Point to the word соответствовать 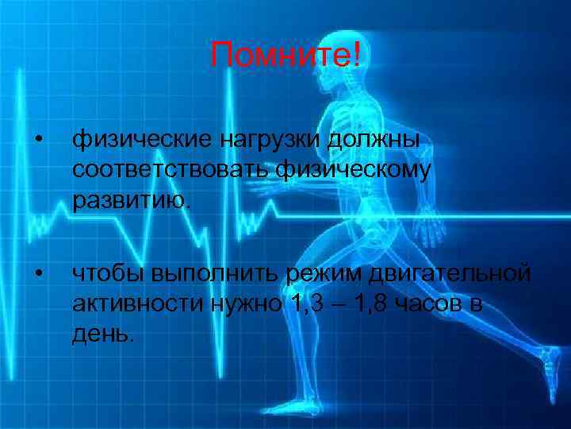click(x=172, y=169)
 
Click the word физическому click(x=354, y=169)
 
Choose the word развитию click(x=132, y=198)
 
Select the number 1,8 click(x=372, y=303)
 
